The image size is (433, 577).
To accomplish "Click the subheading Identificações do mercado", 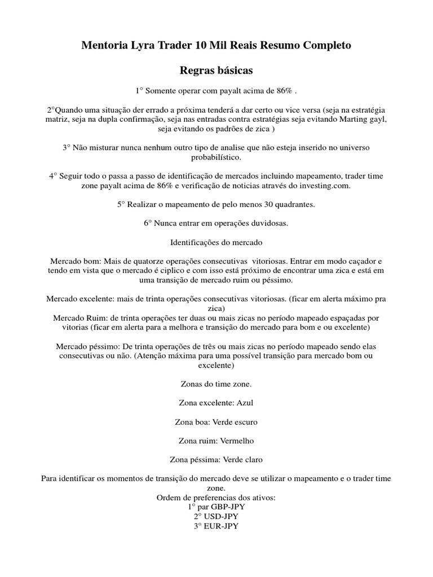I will click(x=216, y=243).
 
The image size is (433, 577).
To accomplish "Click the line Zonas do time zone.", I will click(x=216, y=384).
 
